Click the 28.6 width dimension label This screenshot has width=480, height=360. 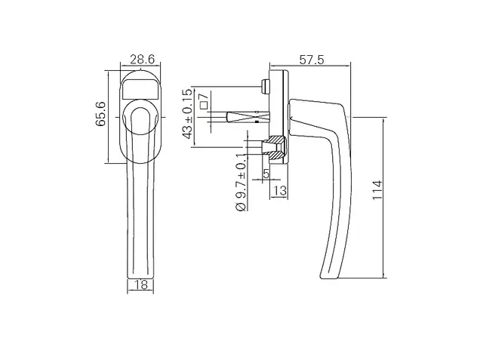tap(143, 59)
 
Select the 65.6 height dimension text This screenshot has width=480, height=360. tap(100, 114)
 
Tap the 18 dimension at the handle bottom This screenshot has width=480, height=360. tap(141, 285)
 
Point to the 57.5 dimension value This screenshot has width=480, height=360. tap(312, 60)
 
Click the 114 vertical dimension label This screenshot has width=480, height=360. tap(377, 190)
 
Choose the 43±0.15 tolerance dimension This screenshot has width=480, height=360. tap(187, 113)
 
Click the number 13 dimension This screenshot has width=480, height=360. tap(279, 191)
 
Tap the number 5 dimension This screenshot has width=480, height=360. tap(266, 174)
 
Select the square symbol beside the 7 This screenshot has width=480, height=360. tap(204, 106)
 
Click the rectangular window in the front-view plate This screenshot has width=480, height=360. tap(141, 89)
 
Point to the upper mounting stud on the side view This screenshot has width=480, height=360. tap(265, 87)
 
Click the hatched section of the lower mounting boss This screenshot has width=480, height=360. tap(276, 147)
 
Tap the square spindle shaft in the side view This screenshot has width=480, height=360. tap(248, 118)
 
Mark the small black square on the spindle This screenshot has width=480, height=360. tap(257, 122)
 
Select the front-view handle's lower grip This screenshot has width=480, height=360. tap(140, 220)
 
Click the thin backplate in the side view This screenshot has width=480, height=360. tap(287, 117)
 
